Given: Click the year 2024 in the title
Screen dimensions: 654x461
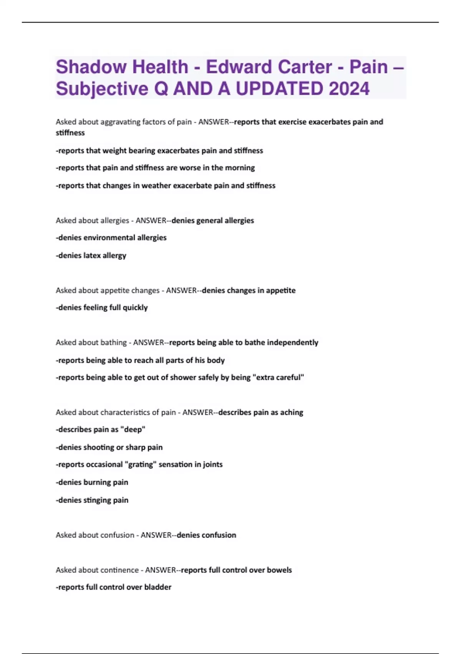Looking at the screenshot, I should click(349, 89).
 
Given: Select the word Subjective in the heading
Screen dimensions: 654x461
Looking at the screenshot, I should click(102, 89).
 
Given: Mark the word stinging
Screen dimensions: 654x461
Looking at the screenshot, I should click(97, 500).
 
